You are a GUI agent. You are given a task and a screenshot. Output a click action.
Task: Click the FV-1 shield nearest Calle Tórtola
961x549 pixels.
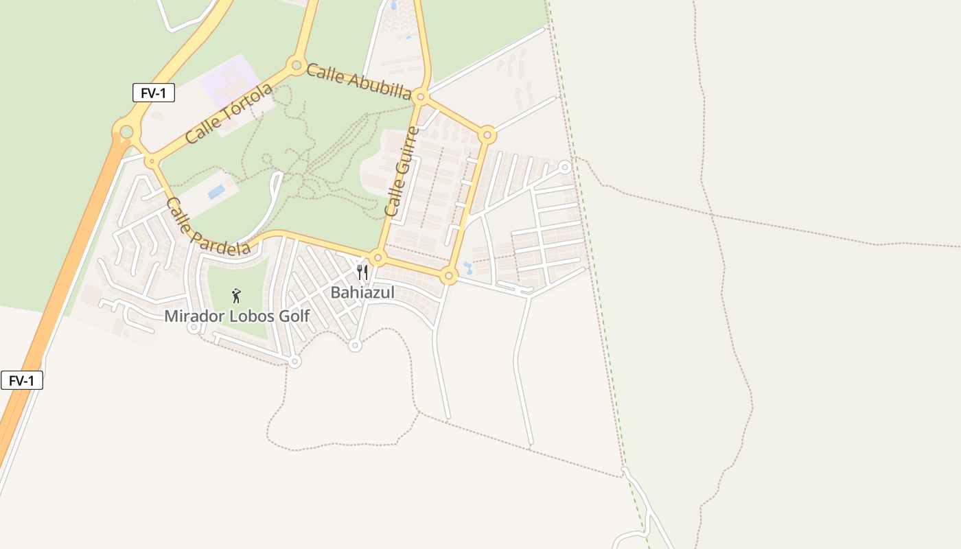click(154, 93)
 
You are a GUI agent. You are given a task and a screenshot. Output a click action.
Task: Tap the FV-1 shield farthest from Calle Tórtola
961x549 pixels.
click(22, 380)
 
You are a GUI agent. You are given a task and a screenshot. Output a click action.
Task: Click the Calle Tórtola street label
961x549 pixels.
click(229, 114)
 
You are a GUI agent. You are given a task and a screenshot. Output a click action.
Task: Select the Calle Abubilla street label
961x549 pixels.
click(358, 81)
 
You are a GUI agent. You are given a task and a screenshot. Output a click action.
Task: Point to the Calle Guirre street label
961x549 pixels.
click(402, 172)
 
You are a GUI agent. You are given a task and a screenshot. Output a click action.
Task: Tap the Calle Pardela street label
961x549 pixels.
click(208, 226)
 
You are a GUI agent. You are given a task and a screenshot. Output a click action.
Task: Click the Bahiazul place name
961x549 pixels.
click(362, 292)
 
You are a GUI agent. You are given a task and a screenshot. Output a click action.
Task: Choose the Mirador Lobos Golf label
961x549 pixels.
click(237, 316)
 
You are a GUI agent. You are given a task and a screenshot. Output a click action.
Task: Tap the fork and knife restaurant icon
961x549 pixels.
click(362, 272)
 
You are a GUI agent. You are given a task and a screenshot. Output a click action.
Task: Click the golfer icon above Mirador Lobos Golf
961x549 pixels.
click(236, 296)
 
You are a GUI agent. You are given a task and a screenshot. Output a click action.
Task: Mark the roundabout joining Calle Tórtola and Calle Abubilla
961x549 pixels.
click(297, 66)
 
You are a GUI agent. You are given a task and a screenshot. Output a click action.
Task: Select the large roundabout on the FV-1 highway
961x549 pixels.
click(126, 131)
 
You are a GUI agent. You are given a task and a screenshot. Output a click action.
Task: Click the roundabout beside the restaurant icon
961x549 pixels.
click(378, 258)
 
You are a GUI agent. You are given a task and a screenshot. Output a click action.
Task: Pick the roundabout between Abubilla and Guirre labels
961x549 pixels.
click(421, 97)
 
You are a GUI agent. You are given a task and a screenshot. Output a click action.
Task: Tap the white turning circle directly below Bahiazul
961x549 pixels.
click(355, 345)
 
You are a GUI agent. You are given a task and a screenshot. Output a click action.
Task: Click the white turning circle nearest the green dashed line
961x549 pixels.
click(565, 167)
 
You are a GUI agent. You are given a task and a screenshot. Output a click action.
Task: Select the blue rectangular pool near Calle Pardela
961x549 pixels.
click(216, 191)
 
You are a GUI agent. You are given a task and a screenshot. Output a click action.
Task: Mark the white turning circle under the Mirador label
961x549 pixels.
click(194, 327)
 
